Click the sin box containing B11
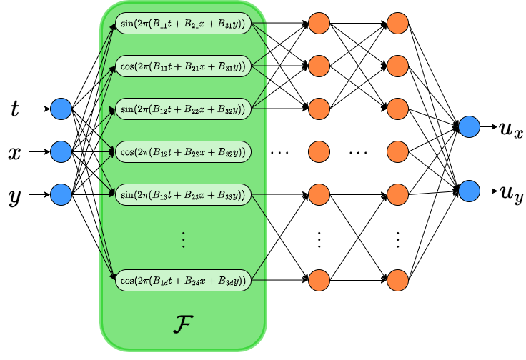(183, 24)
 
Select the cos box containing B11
(183, 66)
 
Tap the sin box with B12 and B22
(183, 109)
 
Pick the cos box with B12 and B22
(183, 151)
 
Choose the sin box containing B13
(183, 194)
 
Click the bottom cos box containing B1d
(183, 280)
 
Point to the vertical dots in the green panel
(183, 240)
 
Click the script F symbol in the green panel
(183, 324)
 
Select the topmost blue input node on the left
(61, 109)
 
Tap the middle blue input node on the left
(61, 151)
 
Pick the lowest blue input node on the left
(61, 194)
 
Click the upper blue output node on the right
(469, 127)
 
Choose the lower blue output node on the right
(469, 191)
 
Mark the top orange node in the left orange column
(319, 24)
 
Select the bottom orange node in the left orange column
(319, 280)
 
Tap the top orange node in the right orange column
(397, 24)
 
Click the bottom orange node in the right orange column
(397, 280)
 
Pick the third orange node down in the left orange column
(319, 109)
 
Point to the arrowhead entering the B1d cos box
(112, 276)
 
